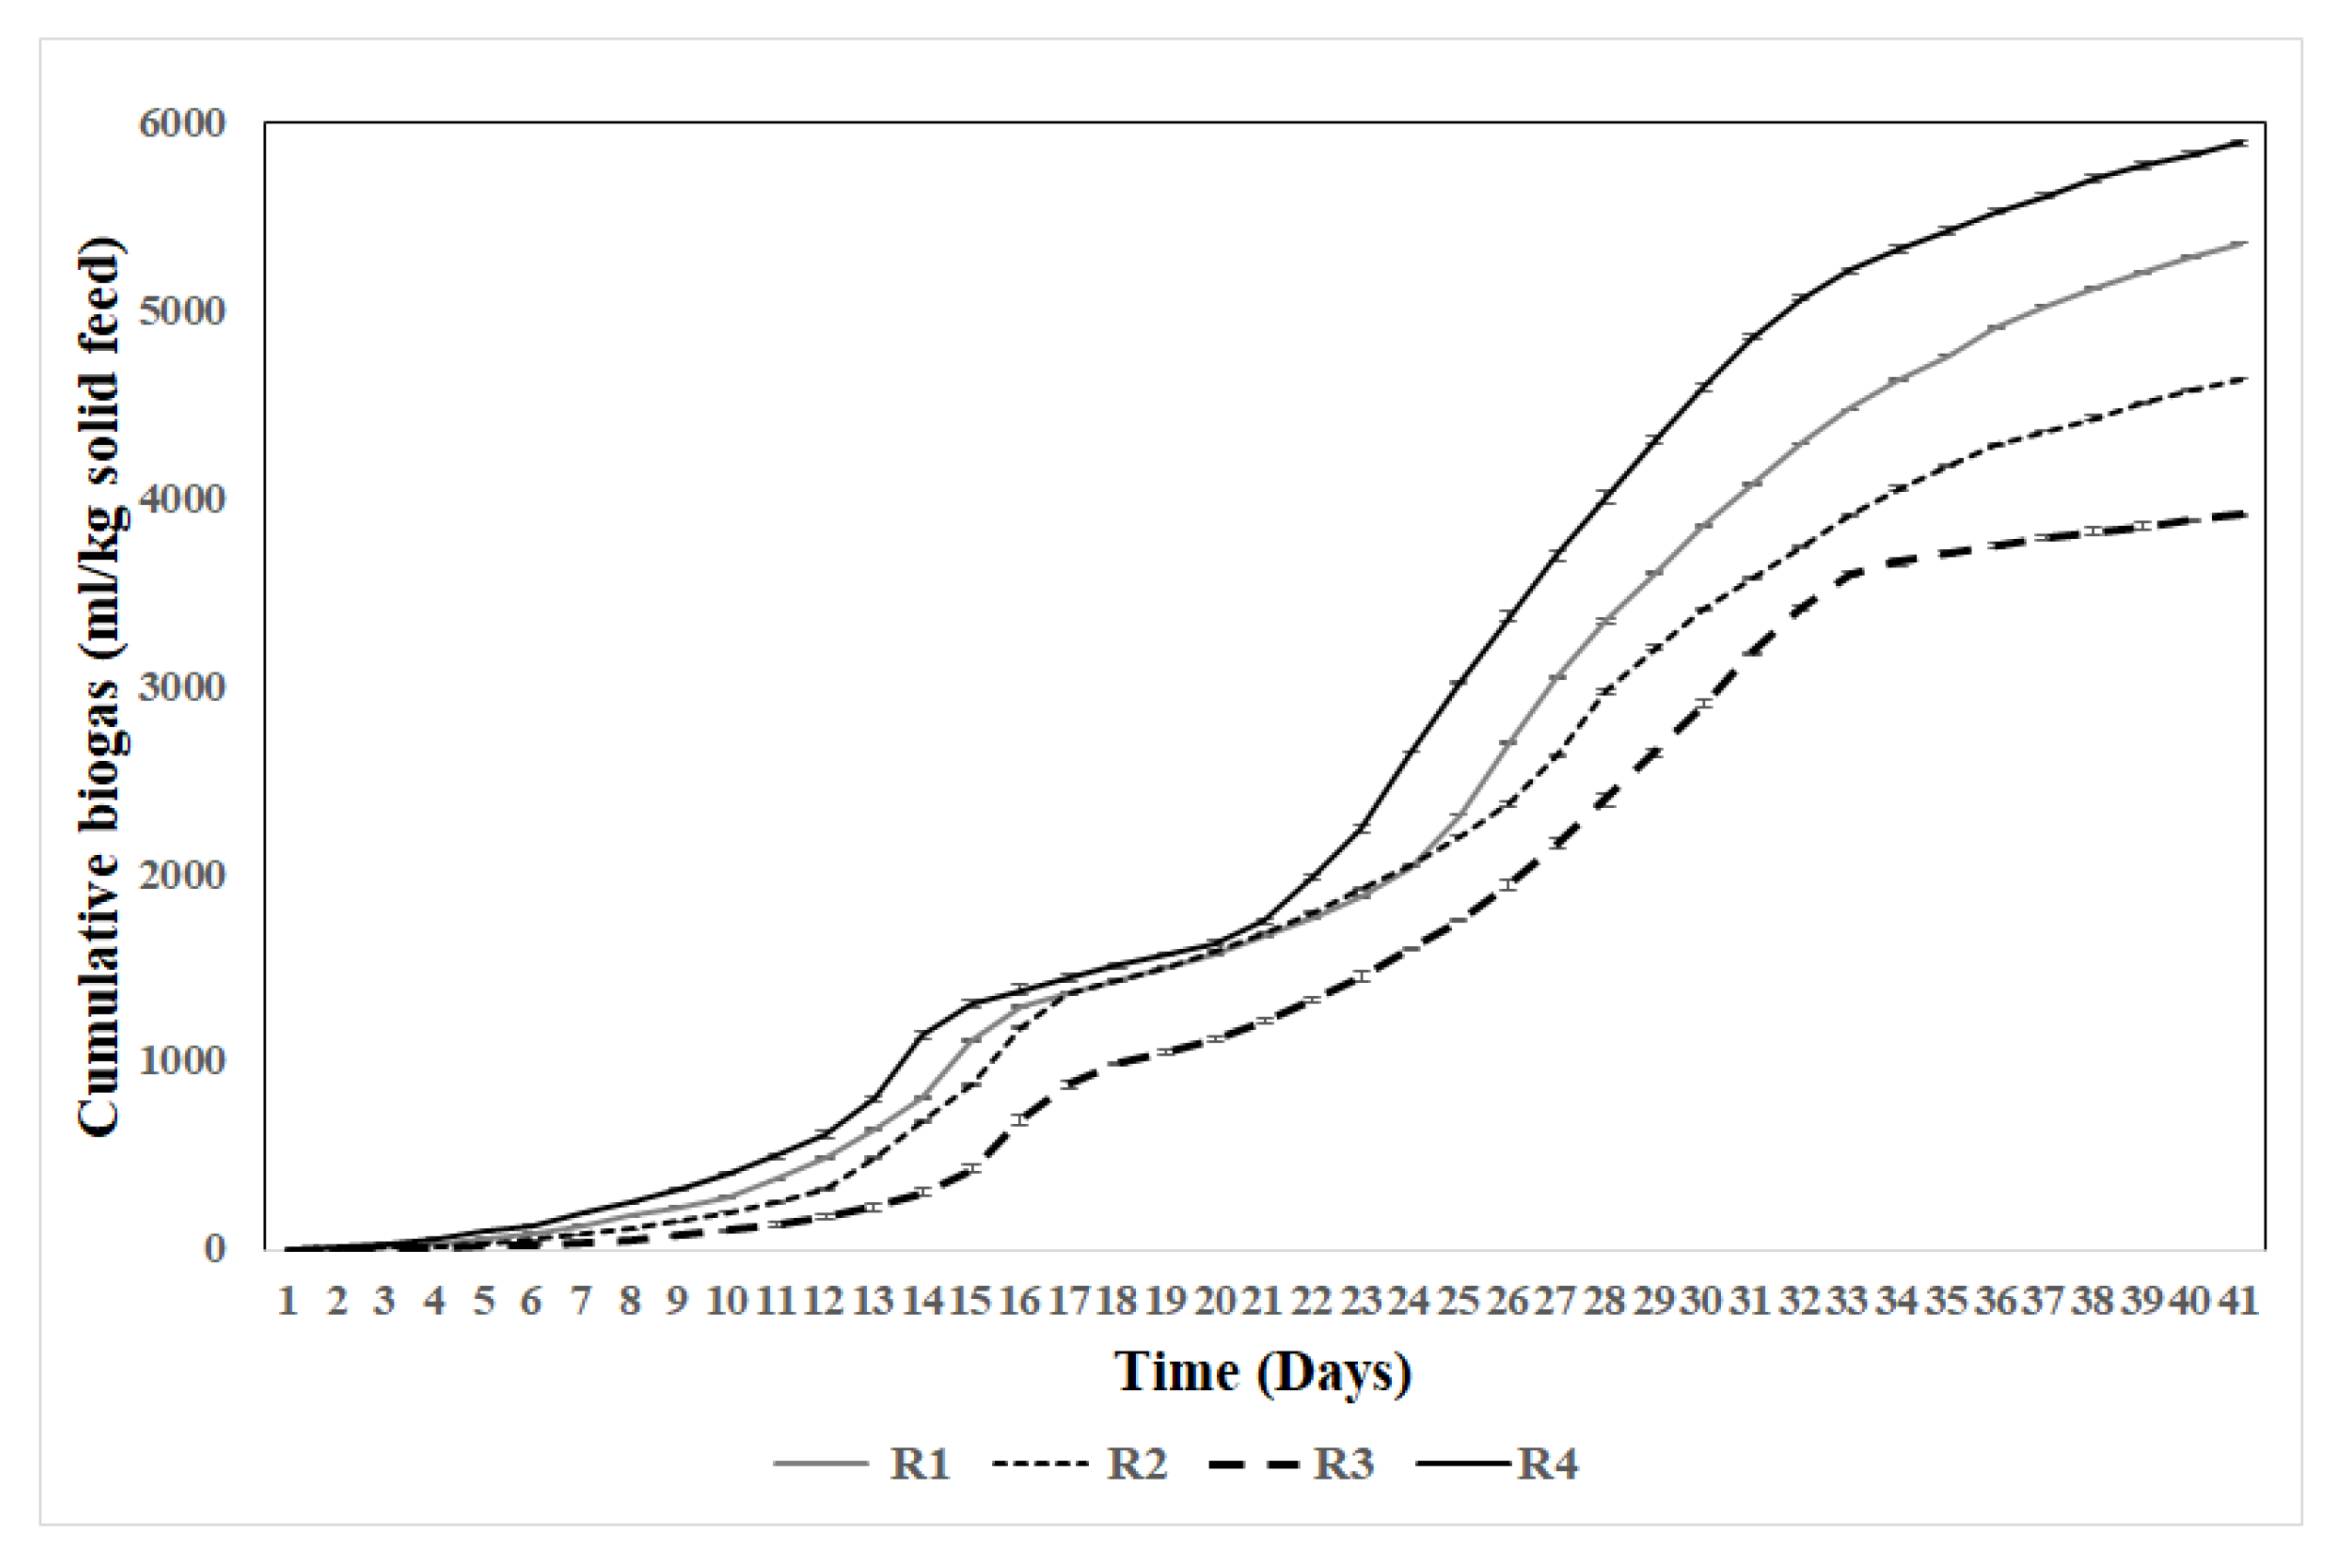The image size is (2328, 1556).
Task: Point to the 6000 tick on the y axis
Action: point(182,124)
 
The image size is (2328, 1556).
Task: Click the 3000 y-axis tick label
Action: point(182,686)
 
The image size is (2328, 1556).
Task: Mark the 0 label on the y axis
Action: point(215,1248)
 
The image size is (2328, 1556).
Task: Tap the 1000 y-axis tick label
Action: point(182,1060)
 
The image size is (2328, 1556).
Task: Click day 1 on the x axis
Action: point(287,1300)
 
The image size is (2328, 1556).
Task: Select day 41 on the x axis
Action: point(2239,1300)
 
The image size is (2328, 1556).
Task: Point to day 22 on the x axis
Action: point(1312,1300)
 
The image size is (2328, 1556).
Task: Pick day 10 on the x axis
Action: point(726,1300)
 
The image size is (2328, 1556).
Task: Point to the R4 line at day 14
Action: point(922,1035)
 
